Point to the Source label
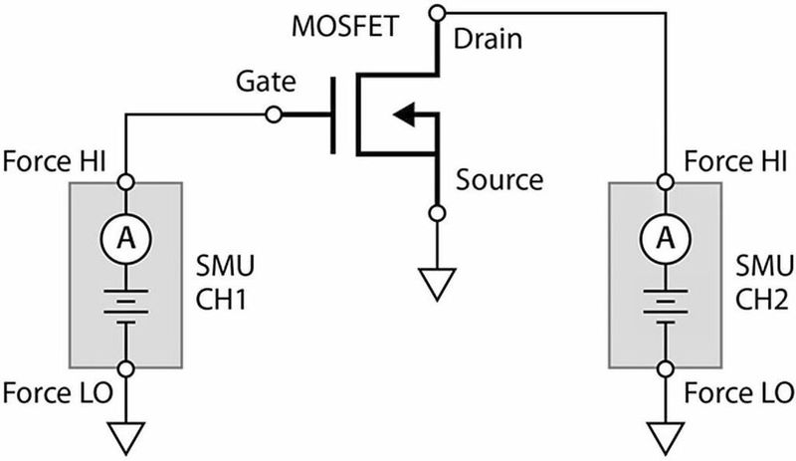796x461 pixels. point(499,180)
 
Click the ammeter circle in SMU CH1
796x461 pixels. point(124,236)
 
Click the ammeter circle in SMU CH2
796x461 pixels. point(662,236)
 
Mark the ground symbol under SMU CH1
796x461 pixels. point(124,435)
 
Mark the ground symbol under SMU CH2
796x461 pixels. point(662,435)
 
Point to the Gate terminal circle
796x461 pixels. point(274,115)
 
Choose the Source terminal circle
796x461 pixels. point(435,213)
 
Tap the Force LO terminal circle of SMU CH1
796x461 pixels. point(124,369)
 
